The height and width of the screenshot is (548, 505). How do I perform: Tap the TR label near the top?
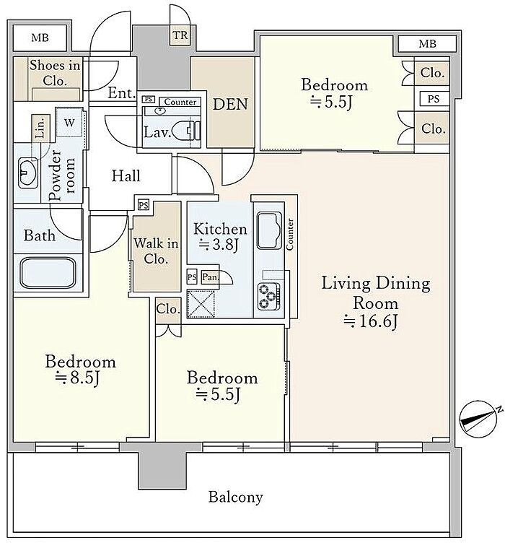[x=180, y=35]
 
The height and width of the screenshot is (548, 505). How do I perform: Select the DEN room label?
[x=230, y=104]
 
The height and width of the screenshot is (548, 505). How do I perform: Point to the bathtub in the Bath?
[x=48, y=273]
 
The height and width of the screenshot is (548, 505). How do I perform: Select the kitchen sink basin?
[x=269, y=230]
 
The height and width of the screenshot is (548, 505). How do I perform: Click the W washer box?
[x=69, y=122]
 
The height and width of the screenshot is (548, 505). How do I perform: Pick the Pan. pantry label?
[x=210, y=277]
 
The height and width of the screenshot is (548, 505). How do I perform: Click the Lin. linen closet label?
[x=40, y=128]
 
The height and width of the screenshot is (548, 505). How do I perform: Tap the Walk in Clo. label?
[x=156, y=251]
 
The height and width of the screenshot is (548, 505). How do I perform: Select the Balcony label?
[x=235, y=497]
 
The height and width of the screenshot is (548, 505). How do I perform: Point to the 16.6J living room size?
[x=371, y=321]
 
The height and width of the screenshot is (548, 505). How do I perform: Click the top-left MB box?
[x=40, y=38]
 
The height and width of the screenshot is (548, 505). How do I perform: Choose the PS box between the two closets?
[x=434, y=99]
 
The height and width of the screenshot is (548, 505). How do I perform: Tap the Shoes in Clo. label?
[x=55, y=73]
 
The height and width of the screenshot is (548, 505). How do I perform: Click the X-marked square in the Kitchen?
[x=201, y=303]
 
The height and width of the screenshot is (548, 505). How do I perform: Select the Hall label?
[x=126, y=175]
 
